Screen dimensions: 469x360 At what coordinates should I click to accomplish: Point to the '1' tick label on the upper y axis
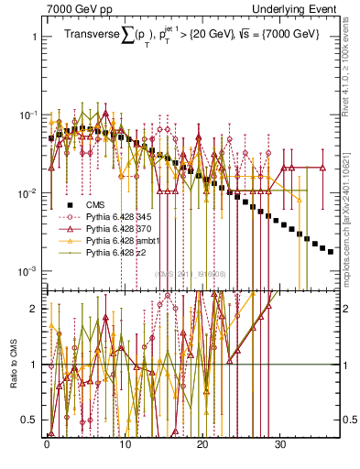pos(34,38)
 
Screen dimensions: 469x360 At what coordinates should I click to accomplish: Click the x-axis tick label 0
pos(47,442)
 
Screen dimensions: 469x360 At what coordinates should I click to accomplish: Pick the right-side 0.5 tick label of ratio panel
pos(348,420)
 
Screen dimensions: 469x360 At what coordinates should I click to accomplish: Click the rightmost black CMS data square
pos(331,251)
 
